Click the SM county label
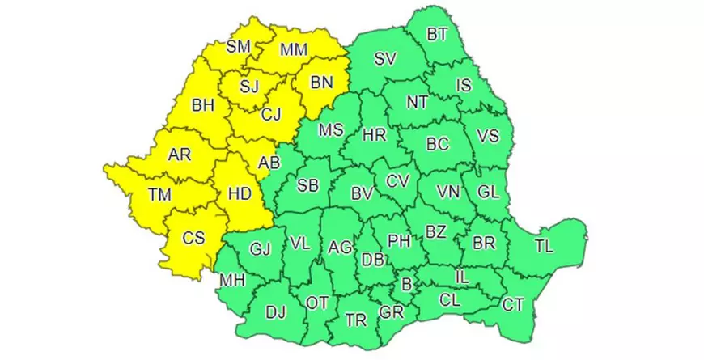pyautogui.click(x=238, y=46)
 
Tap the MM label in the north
pyautogui.click(x=293, y=49)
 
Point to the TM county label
pyautogui.click(x=160, y=194)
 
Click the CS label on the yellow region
pyautogui.click(x=193, y=238)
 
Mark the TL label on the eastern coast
pyautogui.click(x=544, y=246)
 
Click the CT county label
pyautogui.click(x=512, y=304)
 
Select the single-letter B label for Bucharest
pyautogui.click(x=406, y=284)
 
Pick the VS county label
pyautogui.click(x=487, y=136)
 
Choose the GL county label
pyautogui.click(x=488, y=193)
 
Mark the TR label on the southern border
pyautogui.click(x=355, y=320)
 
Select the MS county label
pyautogui.click(x=330, y=130)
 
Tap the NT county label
pyautogui.click(x=418, y=102)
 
